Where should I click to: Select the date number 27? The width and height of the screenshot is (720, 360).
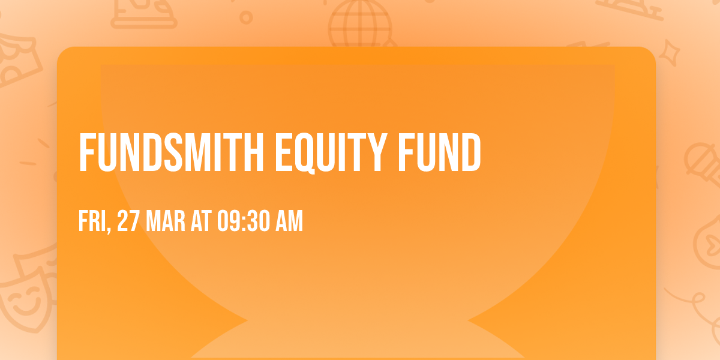click(128, 222)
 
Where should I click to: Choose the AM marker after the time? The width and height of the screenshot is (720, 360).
click(289, 222)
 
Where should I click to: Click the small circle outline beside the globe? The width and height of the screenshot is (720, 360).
click(246, 18)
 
